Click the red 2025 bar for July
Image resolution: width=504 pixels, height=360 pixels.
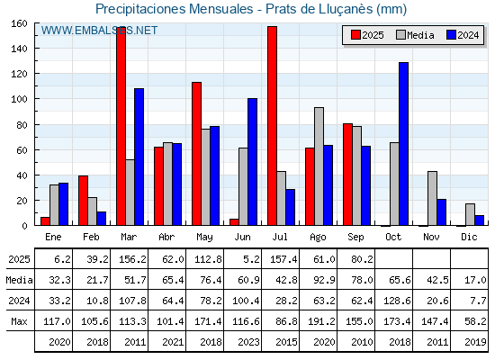[x=272, y=126]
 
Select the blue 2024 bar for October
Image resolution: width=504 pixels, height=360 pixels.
[x=403, y=144]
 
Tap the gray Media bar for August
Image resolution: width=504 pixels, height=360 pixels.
[x=319, y=166]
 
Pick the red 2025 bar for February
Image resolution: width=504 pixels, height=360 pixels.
[x=83, y=201]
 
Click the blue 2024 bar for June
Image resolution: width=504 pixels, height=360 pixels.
[x=252, y=162]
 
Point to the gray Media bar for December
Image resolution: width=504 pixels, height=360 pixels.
[x=470, y=214]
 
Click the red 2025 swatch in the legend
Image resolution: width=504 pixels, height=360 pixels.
[x=355, y=35]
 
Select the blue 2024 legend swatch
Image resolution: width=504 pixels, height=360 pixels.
[x=451, y=35]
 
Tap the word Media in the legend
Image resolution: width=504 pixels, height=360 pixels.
[x=420, y=35]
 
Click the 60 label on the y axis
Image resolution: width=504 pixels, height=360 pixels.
[x=22, y=150]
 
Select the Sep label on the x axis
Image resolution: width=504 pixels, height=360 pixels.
[x=355, y=238]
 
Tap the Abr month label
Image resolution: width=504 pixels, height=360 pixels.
[x=166, y=237]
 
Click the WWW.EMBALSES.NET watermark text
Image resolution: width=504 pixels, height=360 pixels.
[x=99, y=31]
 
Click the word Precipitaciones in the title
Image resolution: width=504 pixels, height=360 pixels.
[x=139, y=9]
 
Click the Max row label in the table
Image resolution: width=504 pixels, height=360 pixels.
[x=19, y=321]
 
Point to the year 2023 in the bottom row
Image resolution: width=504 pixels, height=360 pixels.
[x=248, y=342]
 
